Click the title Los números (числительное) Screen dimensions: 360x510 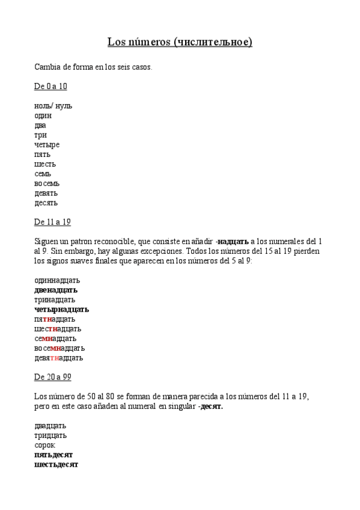tap(180, 42)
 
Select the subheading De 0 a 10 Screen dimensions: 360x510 tap(50, 87)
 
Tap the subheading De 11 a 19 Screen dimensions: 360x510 tap(52, 222)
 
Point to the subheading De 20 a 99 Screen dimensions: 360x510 tap(52, 377)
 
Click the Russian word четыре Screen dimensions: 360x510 tap(47, 145)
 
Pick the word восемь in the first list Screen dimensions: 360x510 tap(47, 183)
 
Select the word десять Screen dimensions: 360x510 tap(46, 203)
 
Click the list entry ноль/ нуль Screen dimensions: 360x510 tap(53, 106)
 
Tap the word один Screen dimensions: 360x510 tap(43, 115)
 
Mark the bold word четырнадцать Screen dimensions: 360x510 tap(61, 309)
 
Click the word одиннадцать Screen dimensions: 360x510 tap(57, 280)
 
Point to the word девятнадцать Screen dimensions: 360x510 tap(58, 358)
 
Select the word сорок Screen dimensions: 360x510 tap(44, 445)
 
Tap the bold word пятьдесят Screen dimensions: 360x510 tap(53, 455)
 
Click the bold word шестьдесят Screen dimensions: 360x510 tap(56, 464)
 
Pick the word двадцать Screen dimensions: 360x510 tap(50, 426)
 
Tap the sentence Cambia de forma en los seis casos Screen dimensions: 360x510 tap(93, 67)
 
